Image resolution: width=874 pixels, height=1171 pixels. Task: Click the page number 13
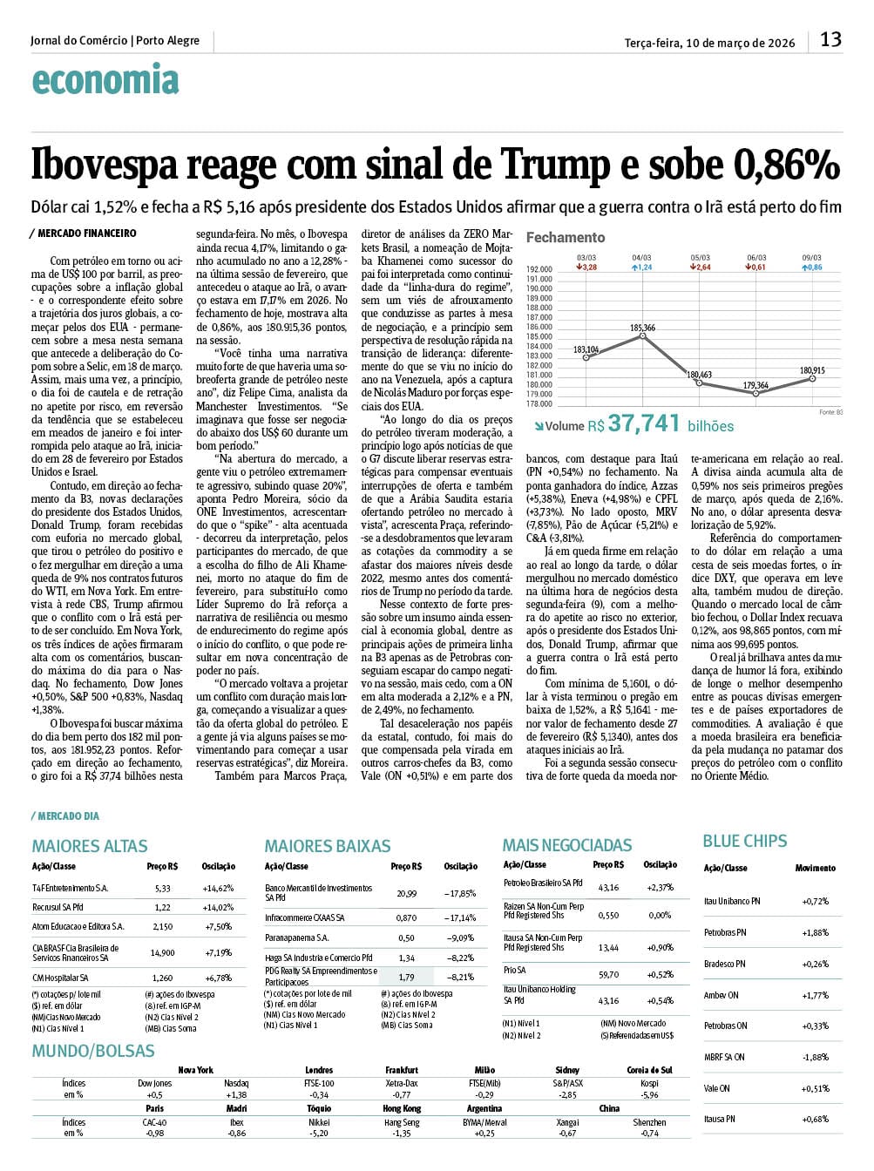(x=830, y=39)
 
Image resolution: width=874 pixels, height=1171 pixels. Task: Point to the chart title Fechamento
(x=565, y=237)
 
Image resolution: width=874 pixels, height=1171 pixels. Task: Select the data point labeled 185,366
(x=642, y=335)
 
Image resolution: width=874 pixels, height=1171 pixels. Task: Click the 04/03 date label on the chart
(x=641, y=258)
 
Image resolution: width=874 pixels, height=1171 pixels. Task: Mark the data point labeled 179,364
(x=755, y=393)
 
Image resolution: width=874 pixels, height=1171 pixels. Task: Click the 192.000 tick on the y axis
(x=539, y=269)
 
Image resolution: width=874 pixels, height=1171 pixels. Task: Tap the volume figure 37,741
(x=643, y=423)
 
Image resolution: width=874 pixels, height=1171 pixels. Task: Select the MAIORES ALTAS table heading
(x=90, y=846)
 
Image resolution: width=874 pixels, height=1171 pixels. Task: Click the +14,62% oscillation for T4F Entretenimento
(x=218, y=889)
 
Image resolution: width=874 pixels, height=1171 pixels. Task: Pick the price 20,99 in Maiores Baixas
(x=406, y=893)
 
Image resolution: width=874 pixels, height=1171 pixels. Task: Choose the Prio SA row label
(x=514, y=970)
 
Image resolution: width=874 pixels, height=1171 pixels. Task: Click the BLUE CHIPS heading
(x=744, y=841)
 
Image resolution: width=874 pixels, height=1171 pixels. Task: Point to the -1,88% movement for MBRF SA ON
(x=815, y=1057)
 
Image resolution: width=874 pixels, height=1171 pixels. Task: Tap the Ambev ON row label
(x=721, y=995)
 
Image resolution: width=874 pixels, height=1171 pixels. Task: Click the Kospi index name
(x=648, y=1083)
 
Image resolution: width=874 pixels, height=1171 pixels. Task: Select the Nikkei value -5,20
(x=319, y=1134)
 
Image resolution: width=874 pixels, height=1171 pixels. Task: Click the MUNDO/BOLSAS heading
(x=93, y=1051)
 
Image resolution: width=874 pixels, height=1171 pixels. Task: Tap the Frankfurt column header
(x=402, y=1070)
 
